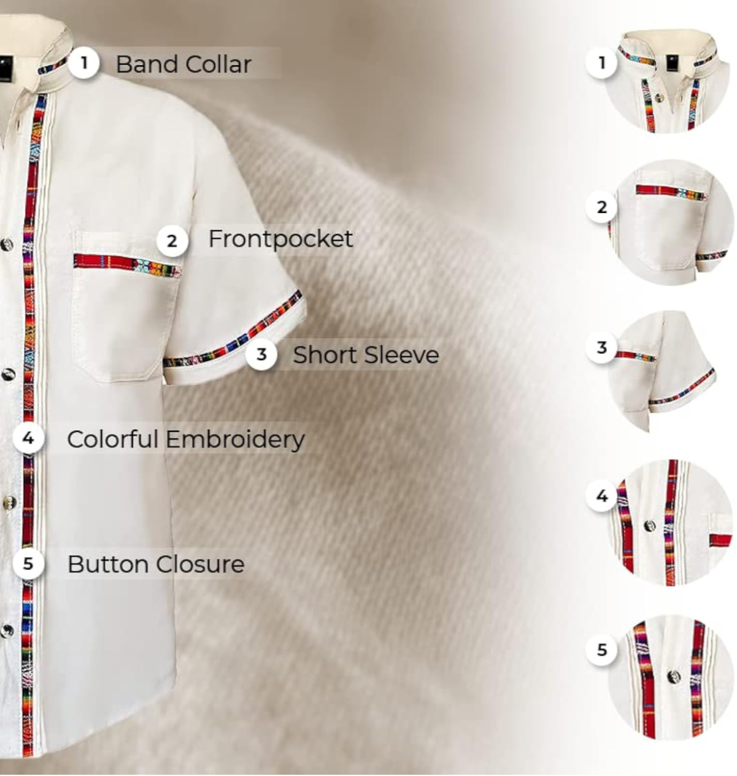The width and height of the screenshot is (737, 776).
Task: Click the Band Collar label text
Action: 183,64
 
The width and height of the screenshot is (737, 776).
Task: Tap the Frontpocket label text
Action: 280,239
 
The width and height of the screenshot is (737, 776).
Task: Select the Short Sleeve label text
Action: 365,355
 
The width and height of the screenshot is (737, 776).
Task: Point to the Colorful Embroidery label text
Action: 185,439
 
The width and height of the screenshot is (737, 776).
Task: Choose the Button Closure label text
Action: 155,564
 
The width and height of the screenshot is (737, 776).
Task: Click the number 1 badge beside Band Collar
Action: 84,63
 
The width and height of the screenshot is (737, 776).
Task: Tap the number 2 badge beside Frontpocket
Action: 172,241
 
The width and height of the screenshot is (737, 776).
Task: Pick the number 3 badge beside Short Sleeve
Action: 261,355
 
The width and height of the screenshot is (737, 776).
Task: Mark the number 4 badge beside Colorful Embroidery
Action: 28,439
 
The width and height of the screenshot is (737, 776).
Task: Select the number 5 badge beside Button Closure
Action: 28,563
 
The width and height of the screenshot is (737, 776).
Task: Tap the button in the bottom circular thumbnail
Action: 673,677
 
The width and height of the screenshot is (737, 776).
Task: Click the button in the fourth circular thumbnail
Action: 649,525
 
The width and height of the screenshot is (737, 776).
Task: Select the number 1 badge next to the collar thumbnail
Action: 602,63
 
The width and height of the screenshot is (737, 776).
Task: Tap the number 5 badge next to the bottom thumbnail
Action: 602,650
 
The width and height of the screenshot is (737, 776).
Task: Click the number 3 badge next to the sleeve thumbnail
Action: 602,348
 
